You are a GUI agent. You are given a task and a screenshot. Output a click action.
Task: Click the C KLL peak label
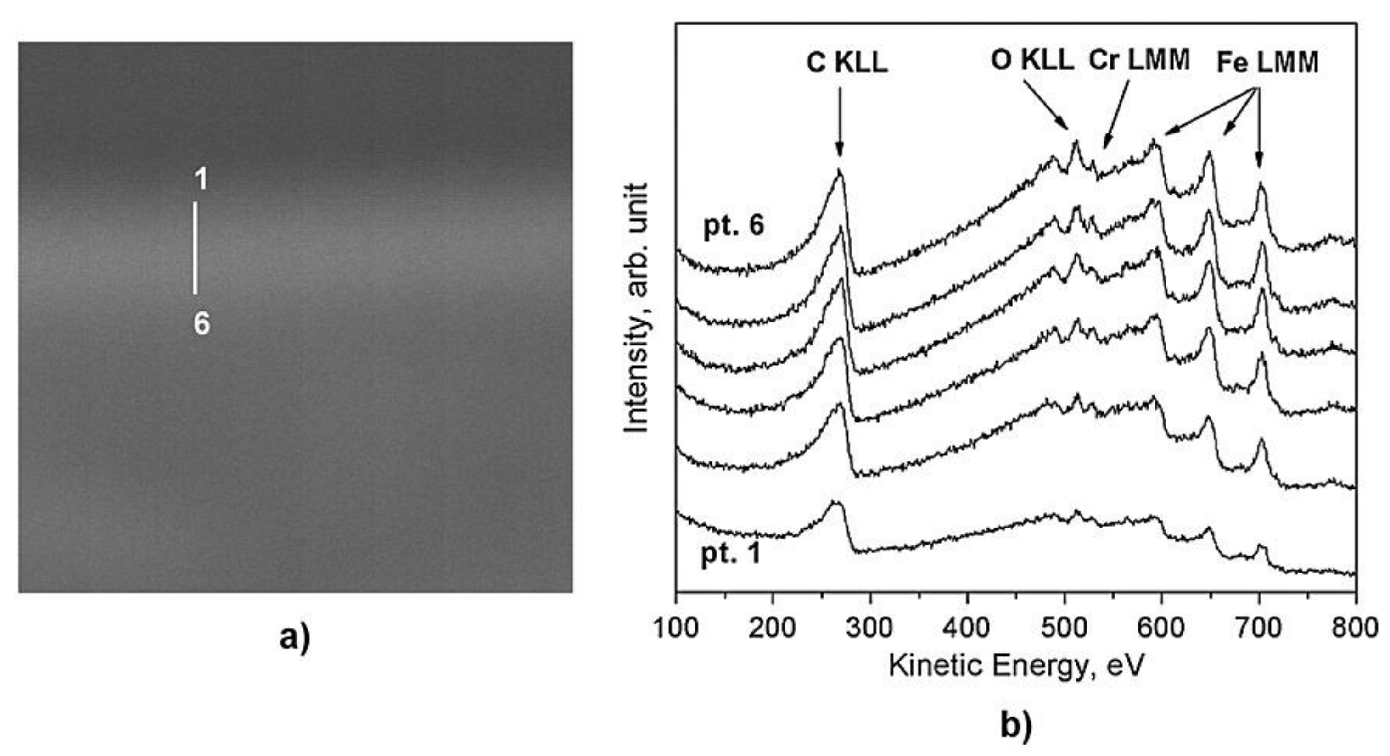[x=846, y=64]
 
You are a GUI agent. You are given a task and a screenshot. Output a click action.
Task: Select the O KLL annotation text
[x=1032, y=61]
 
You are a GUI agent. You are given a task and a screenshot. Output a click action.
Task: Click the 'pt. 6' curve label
[x=733, y=225]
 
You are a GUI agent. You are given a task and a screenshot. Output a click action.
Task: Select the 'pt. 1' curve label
[x=731, y=554]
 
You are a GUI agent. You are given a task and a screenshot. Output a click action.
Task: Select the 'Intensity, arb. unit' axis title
[x=636, y=307]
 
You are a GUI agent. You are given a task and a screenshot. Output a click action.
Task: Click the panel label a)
[x=295, y=639]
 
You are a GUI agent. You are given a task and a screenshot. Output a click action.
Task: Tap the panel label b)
[x=1016, y=725]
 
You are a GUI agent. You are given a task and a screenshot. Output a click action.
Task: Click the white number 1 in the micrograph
[x=201, y=179]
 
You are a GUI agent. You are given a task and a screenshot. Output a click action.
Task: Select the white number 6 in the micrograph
[x=201, y=325]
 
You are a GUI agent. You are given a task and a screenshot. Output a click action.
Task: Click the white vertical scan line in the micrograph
[x=195, y=248]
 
